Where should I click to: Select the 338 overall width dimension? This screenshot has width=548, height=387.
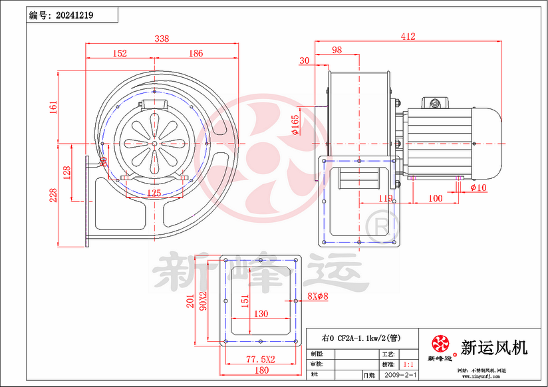[161, 39]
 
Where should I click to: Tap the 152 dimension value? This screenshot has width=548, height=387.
[120, 54]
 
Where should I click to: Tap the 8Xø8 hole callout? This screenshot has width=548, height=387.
[319, 297]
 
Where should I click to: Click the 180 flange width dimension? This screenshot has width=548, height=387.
[261, 370]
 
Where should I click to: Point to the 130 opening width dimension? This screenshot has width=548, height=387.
[261, 314]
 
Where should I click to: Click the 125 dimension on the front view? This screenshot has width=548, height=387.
[153, 193]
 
